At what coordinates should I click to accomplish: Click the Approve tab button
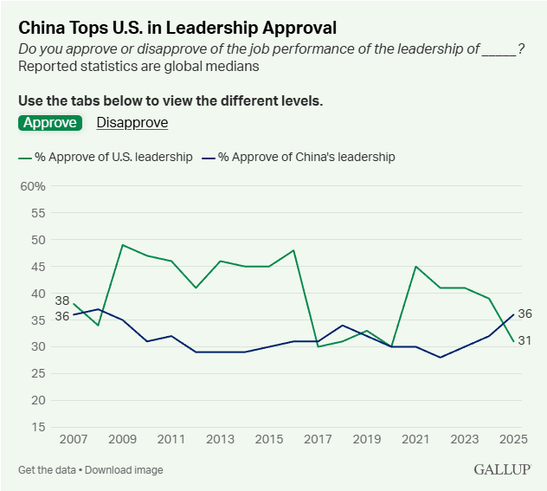click(x=49, y=122)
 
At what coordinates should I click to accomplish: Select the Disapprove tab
click(x=132, y=122)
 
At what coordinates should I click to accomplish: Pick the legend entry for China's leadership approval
click(x=299, y=158)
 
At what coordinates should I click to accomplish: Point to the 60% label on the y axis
click(x=32, y=186)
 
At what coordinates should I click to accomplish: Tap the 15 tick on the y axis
click(x=38, y=427)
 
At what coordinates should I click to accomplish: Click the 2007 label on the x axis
click(x=74, y=440)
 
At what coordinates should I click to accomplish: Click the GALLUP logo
click(x=501, y=469)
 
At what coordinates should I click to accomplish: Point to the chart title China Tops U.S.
click(x=177, y=28)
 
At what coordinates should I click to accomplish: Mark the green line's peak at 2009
click(x=123, y=245)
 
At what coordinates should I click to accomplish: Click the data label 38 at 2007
click(x=62, y=300)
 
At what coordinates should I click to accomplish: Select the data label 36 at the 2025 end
click(x=524, y=313)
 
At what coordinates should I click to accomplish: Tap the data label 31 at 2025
click(x=524, y=340)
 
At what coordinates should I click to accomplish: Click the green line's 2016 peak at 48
click(x=295, y=250)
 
